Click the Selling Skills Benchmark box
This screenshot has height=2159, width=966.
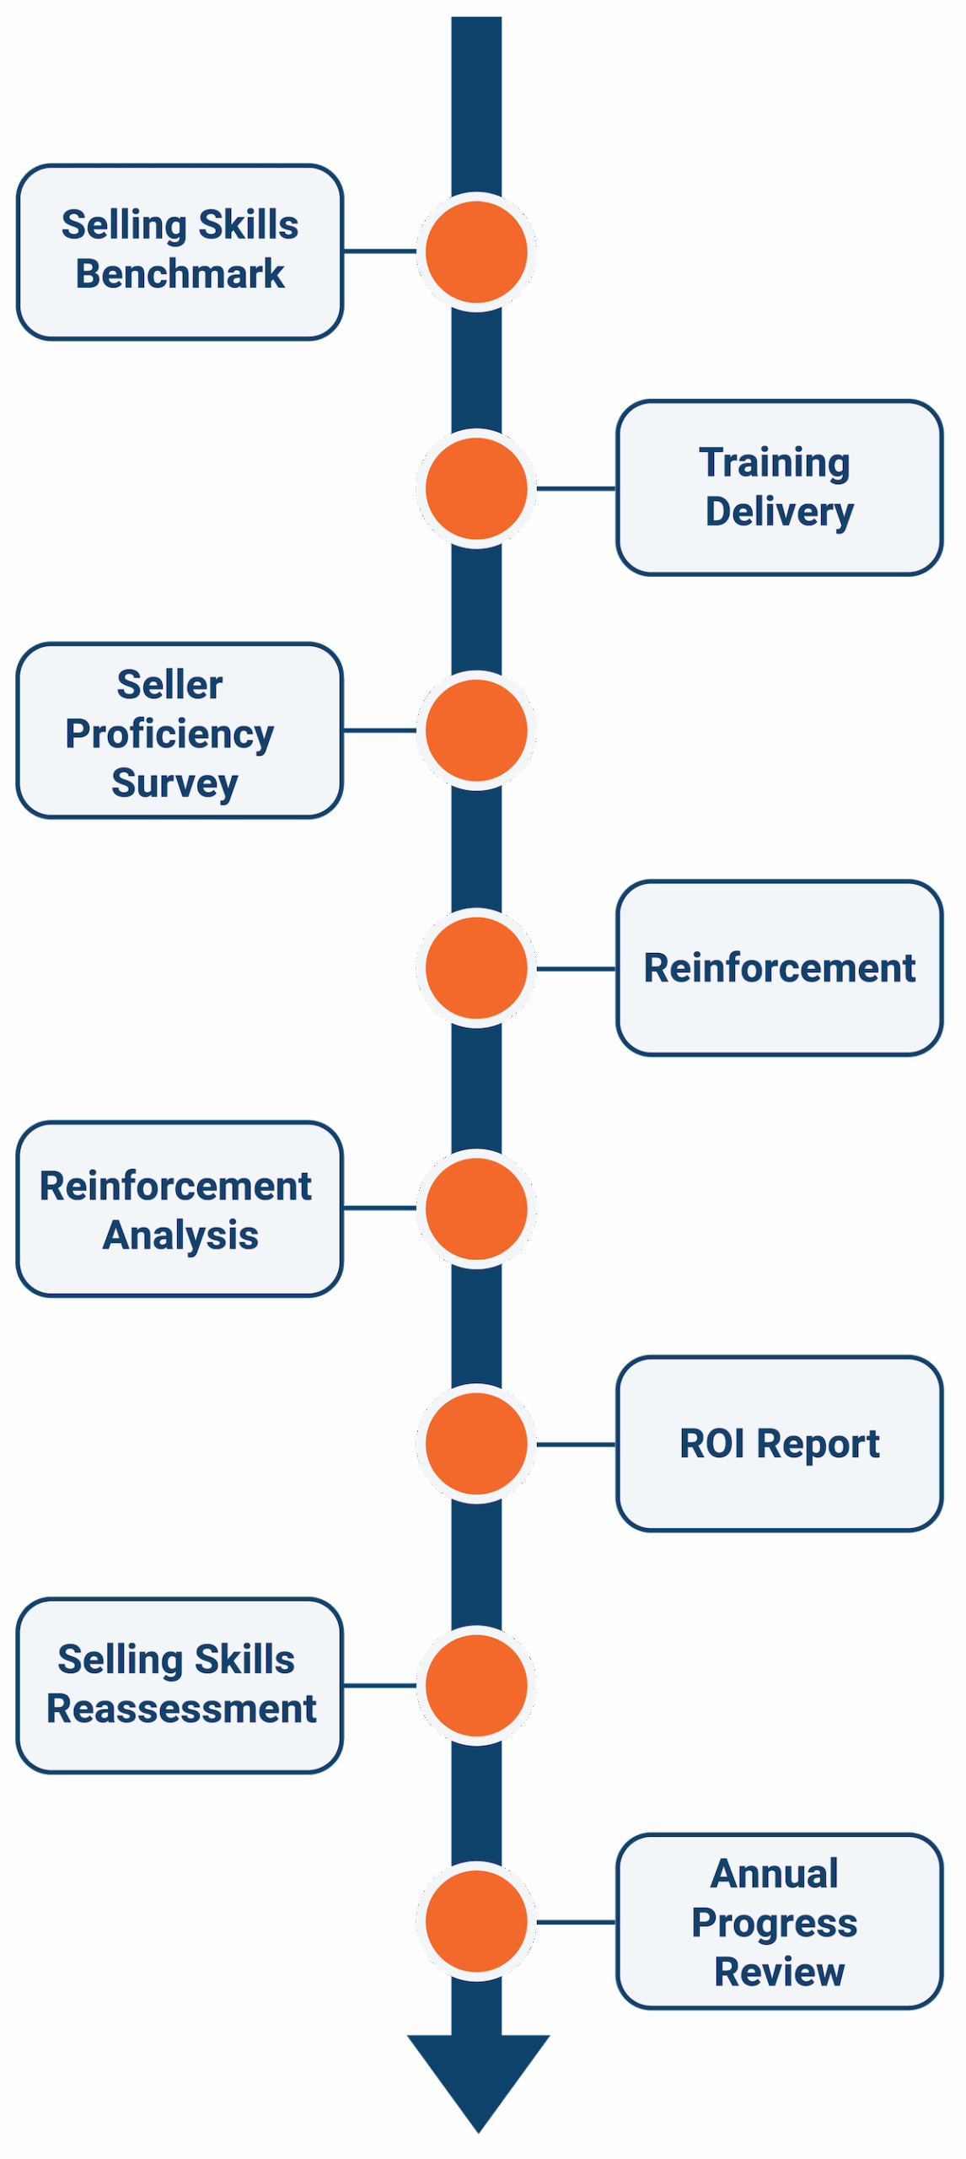tap(180, 251)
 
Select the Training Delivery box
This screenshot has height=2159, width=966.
tap(779, 487)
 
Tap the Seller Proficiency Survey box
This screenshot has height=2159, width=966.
tap(180, 730)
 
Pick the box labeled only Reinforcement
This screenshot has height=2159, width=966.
tap(779, 967)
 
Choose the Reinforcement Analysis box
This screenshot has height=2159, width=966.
tap(180, 1209)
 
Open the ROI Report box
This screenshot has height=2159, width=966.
tap(779, 1443)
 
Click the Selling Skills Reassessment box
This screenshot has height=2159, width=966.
tap(180, 1685)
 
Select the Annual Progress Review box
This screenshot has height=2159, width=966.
tap(779, 1921)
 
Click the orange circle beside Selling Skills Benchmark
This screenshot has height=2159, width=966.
tap(476, 251)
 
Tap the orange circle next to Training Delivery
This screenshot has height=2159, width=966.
tap(476, 488)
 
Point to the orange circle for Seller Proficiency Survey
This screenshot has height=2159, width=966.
tap(476, 730)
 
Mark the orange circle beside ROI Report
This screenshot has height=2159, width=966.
tap(476, 1443)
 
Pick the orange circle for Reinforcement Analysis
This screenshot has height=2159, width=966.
tap(476, 1209)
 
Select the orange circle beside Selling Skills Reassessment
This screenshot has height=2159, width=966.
tap(476, 1685)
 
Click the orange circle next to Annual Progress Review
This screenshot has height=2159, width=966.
tap(476, 1921)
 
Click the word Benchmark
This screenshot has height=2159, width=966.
tap(180, 274)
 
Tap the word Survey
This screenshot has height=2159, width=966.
tap(174, 783)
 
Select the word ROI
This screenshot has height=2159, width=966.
tap(712, 1443)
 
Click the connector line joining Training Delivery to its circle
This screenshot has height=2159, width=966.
tap(577, 488)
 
